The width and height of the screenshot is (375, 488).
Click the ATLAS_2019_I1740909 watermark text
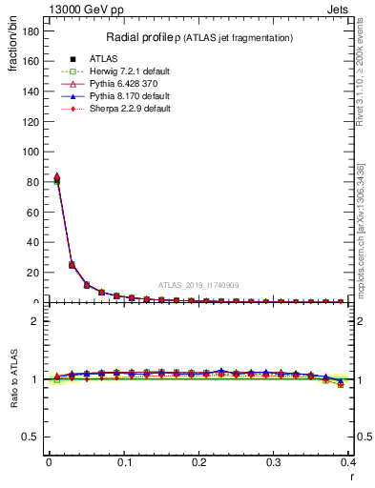coord(198,285)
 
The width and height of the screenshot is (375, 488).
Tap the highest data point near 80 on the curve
coord(56,177)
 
